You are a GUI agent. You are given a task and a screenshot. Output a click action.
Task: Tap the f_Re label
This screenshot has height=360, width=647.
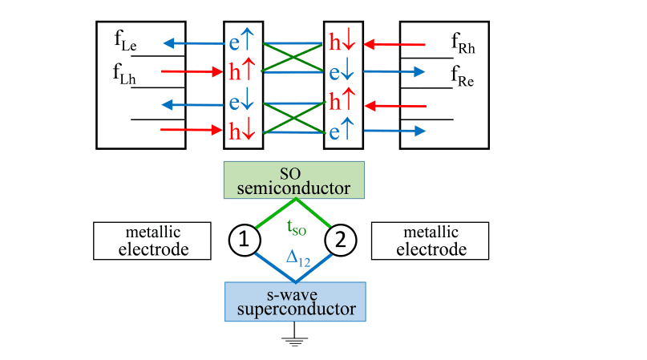point(464,78)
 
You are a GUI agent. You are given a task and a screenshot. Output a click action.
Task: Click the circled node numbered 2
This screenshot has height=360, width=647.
point(340,238)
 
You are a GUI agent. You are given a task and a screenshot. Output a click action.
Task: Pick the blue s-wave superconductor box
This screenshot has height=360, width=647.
point(296,301)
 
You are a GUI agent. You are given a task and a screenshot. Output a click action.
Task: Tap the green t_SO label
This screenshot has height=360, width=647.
point(296,228)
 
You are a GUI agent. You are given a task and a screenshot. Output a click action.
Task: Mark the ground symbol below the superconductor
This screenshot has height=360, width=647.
point(296,339)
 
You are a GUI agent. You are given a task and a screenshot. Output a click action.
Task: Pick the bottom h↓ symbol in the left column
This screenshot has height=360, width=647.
point(241,131)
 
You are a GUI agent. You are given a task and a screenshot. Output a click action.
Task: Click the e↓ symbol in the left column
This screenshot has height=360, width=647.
point(241,103)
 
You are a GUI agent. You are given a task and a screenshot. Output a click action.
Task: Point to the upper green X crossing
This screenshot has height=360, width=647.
point(293,57)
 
